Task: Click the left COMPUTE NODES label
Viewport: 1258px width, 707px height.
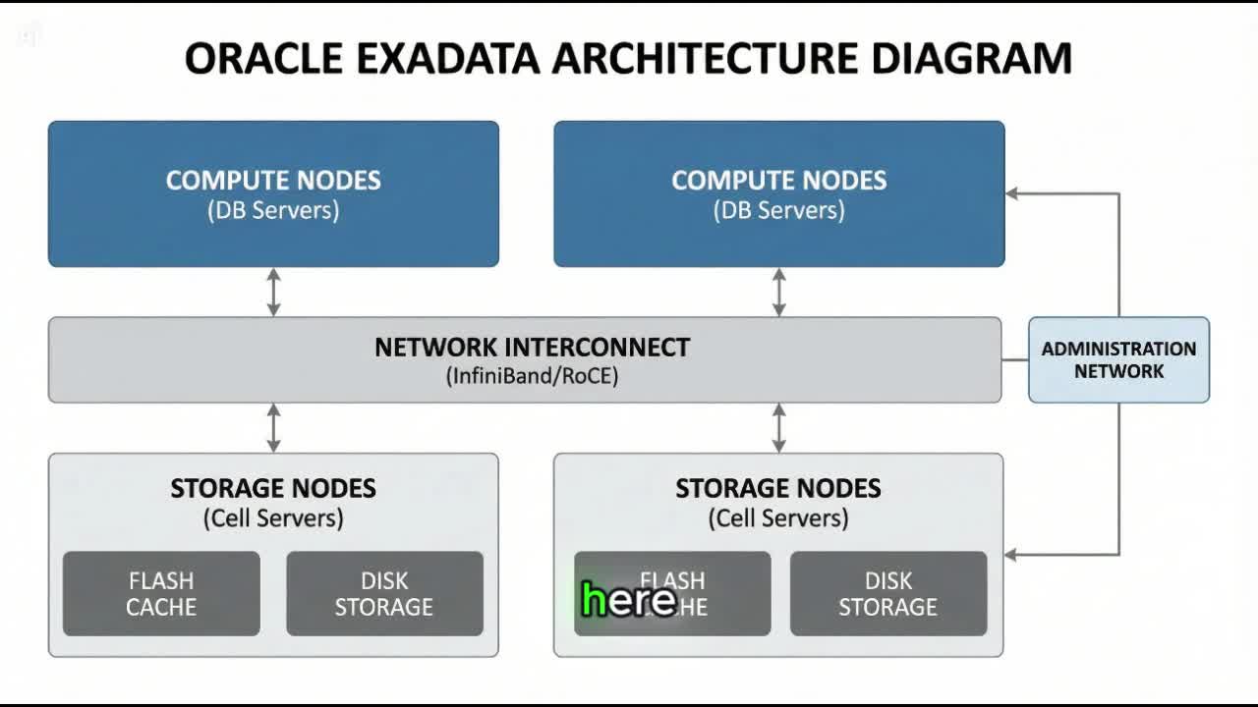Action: click(273, 181)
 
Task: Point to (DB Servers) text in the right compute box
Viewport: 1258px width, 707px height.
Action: click(778, 210)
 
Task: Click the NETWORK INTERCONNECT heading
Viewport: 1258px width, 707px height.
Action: click(532, 348)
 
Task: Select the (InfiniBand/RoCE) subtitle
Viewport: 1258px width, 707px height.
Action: click(532, 375)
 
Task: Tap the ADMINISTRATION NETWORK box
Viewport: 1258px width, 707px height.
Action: click(1118, 359)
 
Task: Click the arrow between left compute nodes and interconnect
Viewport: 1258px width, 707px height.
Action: click(273, 292)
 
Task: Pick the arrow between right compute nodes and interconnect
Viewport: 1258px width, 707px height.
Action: click(778, 292)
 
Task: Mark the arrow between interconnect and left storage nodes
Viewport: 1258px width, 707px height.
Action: click(273, 427)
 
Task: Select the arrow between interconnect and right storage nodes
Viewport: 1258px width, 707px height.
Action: click(778, 427)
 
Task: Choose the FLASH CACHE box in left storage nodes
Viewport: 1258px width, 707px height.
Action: click(161, 593)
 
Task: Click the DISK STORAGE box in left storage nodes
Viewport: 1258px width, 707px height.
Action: click(384, 593)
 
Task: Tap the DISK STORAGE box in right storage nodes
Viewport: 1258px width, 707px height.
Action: click(887, 593)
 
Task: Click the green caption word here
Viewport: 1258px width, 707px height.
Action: click(628, 600)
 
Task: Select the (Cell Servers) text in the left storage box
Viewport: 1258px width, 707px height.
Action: click(273, 517)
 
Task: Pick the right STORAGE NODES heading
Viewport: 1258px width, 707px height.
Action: click(778, 489)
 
